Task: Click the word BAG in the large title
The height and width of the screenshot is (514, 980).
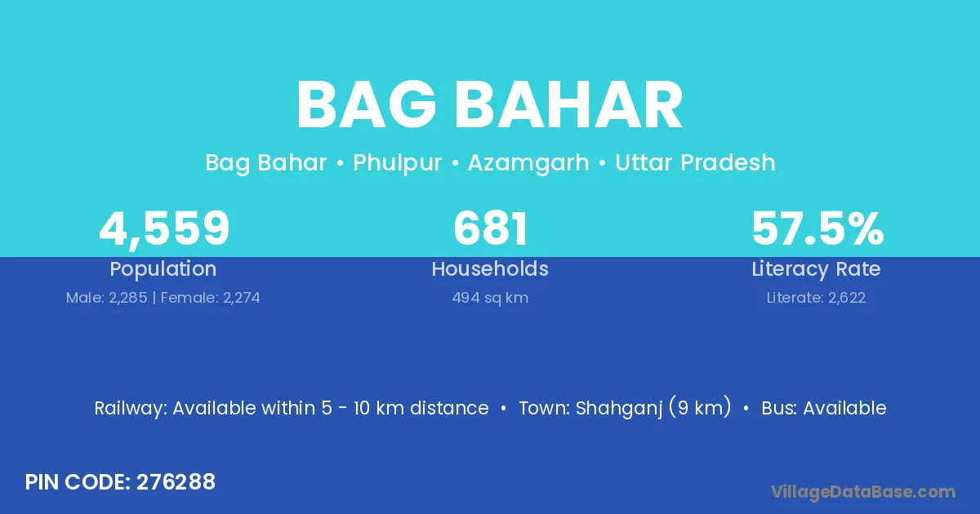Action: [367, 105]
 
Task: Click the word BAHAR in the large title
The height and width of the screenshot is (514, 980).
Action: [568, 105]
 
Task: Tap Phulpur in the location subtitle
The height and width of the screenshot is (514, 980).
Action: [397, 164]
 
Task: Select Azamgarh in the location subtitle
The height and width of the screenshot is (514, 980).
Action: [528, 164]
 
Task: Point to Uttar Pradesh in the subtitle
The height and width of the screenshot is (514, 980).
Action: [695, 163]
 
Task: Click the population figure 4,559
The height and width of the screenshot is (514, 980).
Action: [164, 228]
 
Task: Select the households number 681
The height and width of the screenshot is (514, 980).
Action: [491, 228]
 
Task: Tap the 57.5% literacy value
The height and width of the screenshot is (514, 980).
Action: [817, 228]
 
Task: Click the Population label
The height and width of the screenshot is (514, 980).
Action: [163, 269]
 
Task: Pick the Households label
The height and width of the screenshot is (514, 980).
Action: [490, 268]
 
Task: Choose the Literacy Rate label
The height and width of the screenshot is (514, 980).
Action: [816, 269]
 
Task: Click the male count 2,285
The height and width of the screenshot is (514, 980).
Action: [127, 298]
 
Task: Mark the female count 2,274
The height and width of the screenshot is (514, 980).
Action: [242, 298]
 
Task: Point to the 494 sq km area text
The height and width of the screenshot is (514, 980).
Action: [490, 298]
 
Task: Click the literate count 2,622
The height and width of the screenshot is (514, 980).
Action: [847, 298]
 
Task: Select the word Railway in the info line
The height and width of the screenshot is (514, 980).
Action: [131, 408]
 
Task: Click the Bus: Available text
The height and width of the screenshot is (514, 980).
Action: [824, 408]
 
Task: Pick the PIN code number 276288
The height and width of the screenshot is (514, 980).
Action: [176, 482]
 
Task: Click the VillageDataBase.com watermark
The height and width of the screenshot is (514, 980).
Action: [862, 493]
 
